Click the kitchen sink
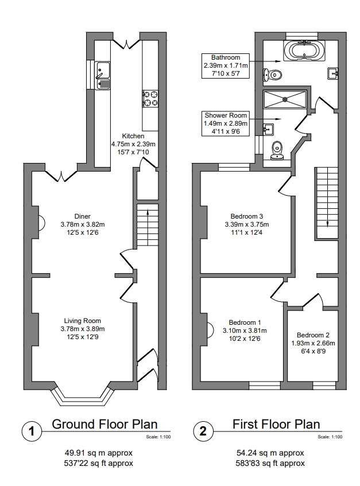pyautogui.click(x=103, y=76)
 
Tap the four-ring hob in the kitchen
pyautogui.click(x=150, y=98)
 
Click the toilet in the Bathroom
pyautogui.click(x=272, y=74)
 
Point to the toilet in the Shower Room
pyautogui.click(x=278, y=149)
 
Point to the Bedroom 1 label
pyautogui.click(x=244, y=322)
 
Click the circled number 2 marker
pyautogui.click(x=203, y=431)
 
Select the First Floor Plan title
pyautogui.click(x=276, y=425)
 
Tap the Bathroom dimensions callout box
pyautogui.click(x=226, y=66)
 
